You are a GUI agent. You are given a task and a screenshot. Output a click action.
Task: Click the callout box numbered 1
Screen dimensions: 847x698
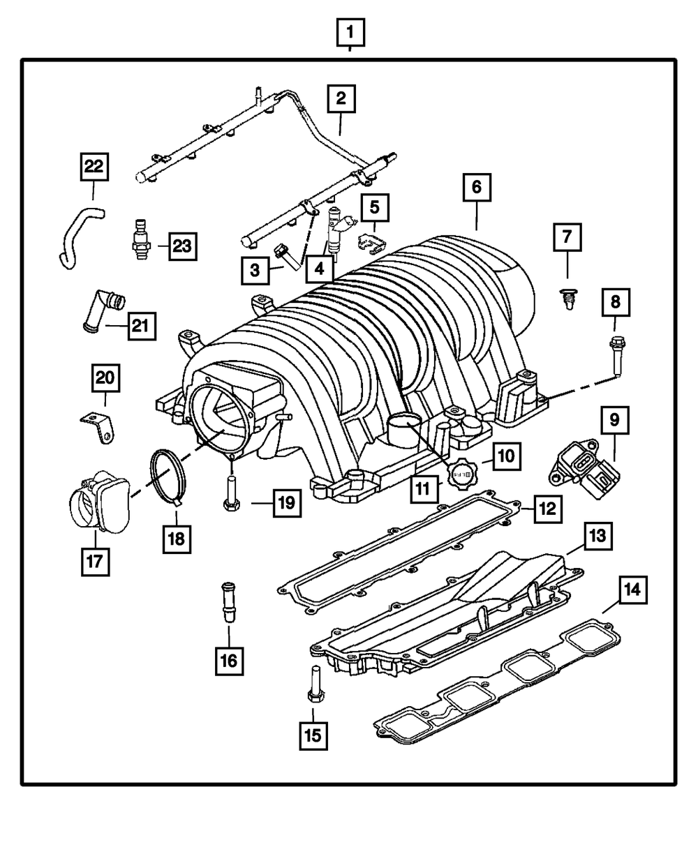(x=351, y=31)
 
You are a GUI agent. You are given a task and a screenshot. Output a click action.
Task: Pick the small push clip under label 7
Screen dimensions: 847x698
(x=567, y=297)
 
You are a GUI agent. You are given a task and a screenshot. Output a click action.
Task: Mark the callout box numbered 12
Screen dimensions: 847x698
(x=547, y=509)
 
